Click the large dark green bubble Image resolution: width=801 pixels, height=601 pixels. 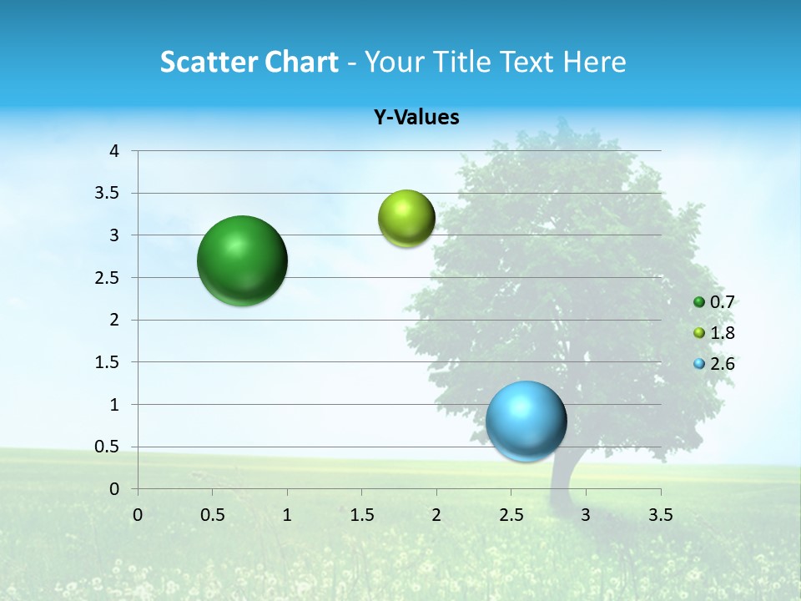[243, 260]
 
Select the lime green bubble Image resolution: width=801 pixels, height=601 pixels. [406, 219]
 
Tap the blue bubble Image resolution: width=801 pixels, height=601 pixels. [526, 421]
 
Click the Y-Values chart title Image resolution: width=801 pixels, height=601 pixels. [416, 118]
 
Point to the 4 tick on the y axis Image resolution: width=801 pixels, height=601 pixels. [114, 151]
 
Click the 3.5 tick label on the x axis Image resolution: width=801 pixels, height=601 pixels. [660, 515]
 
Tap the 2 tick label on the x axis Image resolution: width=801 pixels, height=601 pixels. [436, 515]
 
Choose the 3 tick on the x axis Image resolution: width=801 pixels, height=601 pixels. [586, 515]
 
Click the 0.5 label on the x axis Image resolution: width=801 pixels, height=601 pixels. [212, 515]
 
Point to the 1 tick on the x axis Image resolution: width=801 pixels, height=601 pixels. [287, 515]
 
